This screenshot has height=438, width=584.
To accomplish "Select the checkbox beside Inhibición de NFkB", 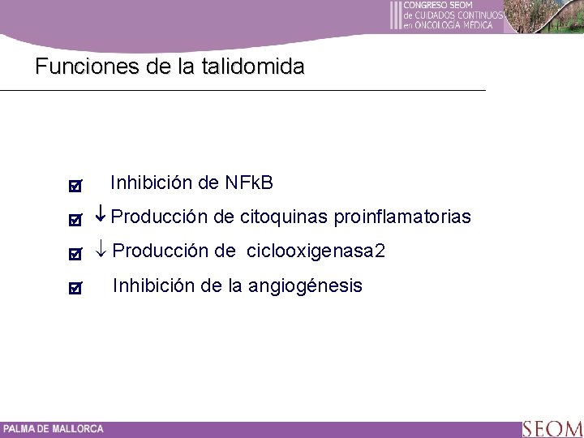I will coord(75,187).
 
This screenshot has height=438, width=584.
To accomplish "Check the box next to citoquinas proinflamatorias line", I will coord(75,220).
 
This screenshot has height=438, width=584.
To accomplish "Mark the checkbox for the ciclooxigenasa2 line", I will coord(75,254).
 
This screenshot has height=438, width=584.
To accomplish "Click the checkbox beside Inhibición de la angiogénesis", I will coord(75,288).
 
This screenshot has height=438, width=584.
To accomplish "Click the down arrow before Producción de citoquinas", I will coord(101,217).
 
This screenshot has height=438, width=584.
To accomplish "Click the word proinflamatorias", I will coord(401,217).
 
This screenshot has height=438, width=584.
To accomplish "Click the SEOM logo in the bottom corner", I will coord(552,428).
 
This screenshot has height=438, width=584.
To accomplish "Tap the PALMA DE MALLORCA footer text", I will coord(53,429).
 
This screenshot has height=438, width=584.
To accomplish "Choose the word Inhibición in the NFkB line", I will coord(152,183).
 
